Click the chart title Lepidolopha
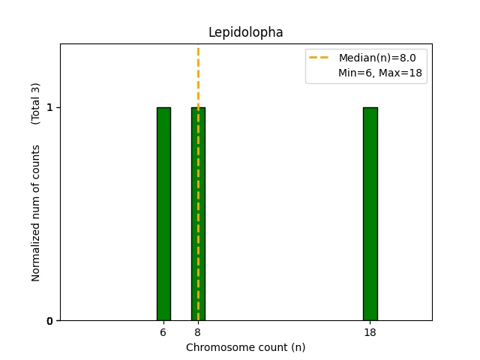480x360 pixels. pyautogui.click(x=245, y=33)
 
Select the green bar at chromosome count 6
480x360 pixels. pyautogui.click(x=163, y=214)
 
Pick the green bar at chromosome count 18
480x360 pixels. pyautogui.click(x=370, y=214)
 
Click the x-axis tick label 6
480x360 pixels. pyautogui.click(x=163, y=332)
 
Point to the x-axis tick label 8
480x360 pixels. pyautogui.click(x=198, y=332)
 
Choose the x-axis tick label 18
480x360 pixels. pyautogui.click(x=370, y=332)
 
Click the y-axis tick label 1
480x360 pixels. pyautogui.click(x=49, y=108)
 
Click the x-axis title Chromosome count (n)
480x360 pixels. pyautogui.click(x=245, y=347)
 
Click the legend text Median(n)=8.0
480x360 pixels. pyautogui.click(x=382, y=58)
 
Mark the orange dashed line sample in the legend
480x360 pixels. pyautogui.click(x=322, y=58)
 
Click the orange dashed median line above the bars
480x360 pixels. pyautogui.click(x=198, y=75)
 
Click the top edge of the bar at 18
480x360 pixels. pyautogui.click(x=370, y=108)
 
